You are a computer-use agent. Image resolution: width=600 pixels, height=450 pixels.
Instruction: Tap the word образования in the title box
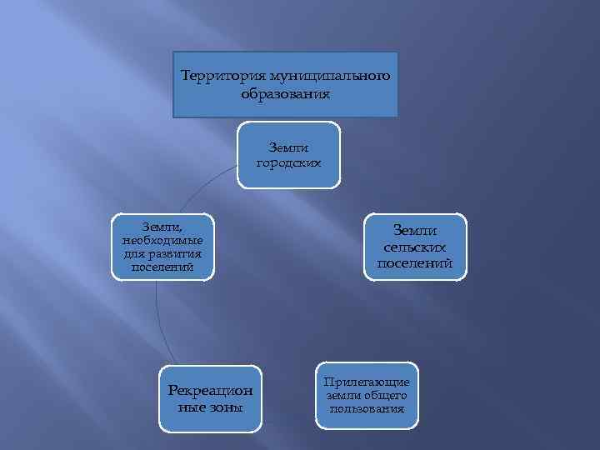click(286, 93)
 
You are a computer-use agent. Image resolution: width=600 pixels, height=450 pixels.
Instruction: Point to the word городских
click(289, 162)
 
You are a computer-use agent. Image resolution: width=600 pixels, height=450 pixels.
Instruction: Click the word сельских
click(416, 247)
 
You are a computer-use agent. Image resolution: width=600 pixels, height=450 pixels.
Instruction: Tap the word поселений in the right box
click(416, 263)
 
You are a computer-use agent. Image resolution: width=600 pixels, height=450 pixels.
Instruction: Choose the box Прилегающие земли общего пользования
click(367, 394)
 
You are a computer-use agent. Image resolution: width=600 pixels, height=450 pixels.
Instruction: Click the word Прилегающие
click(367, 382)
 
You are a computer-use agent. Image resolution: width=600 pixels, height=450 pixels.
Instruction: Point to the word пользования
click(367, 408)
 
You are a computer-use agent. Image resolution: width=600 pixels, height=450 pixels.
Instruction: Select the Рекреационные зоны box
click(210, 398)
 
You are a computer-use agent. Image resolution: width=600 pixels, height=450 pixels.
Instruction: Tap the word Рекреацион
click(210, 390)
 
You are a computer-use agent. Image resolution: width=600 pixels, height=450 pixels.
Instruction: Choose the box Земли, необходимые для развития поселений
click(162, 247)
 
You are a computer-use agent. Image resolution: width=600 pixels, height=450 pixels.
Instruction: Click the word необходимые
click(162, 241)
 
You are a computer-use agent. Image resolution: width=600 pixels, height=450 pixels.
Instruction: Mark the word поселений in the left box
click(162, 267)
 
